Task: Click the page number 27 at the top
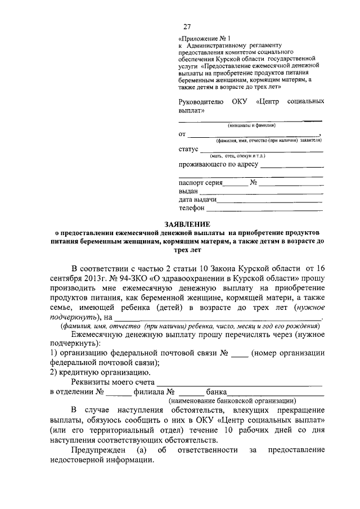click(187, 27)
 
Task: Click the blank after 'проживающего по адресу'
click(292, 166)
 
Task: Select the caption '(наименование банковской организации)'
click(232, 401)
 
